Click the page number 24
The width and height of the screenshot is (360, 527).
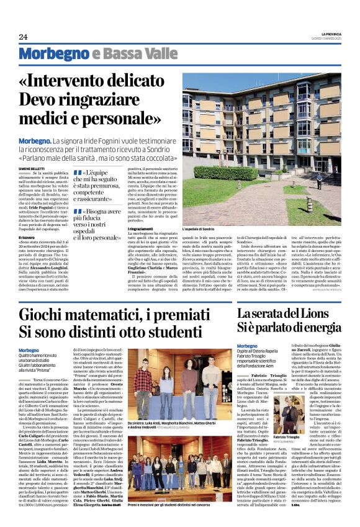tap(23, 37)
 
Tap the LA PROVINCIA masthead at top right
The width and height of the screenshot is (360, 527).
tap(326, 33)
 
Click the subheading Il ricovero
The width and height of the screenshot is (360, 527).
tap(27, 218)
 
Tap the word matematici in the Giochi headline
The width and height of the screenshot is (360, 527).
tap(110, 315)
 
